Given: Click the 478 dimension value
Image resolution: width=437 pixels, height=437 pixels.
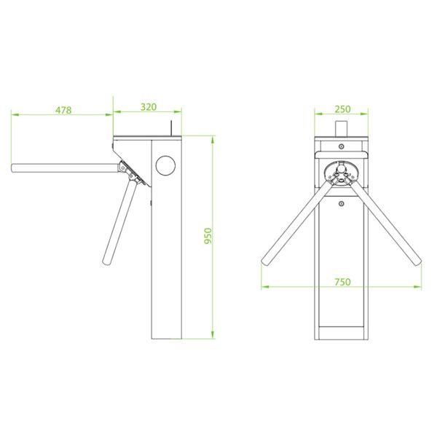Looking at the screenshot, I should (63, 110).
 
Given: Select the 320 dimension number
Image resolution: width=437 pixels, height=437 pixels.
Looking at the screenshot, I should (148, 106).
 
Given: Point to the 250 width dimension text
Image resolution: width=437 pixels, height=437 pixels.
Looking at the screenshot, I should (342, 109).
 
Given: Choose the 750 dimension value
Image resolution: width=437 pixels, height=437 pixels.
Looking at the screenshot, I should (342, 282).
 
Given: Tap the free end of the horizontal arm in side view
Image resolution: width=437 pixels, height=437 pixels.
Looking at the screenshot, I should (15, 168).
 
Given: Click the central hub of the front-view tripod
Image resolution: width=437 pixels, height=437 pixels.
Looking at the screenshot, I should (342, 173).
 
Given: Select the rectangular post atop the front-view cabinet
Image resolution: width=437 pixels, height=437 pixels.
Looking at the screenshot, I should (342, 128).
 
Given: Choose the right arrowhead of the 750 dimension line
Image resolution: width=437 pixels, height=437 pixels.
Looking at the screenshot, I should (420, 287).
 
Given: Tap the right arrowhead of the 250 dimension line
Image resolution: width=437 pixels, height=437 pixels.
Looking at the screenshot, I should (369, 114).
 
